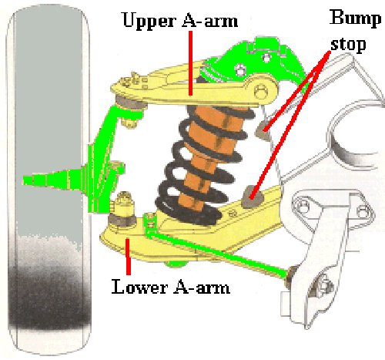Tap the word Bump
coord(355,18)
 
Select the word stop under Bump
coord(348,45)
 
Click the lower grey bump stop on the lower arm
coord(253,197)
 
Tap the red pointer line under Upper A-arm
coord(190,63)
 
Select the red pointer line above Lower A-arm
coord(128,257)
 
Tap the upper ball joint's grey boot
coord(129,103)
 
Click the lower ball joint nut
coord(124,202)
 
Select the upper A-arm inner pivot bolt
coord(261,91)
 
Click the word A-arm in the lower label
coord(202,286)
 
